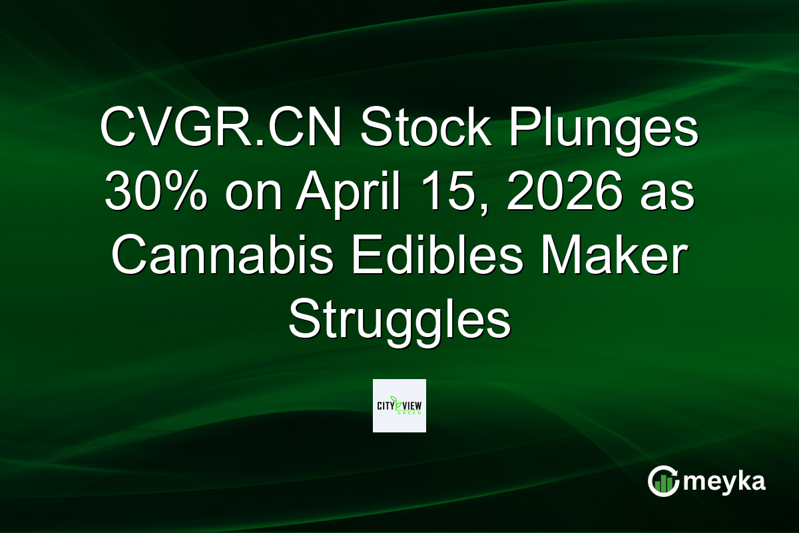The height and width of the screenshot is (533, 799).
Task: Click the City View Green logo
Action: (400, 406)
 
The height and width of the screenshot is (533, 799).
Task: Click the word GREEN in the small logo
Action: (409, 412)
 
